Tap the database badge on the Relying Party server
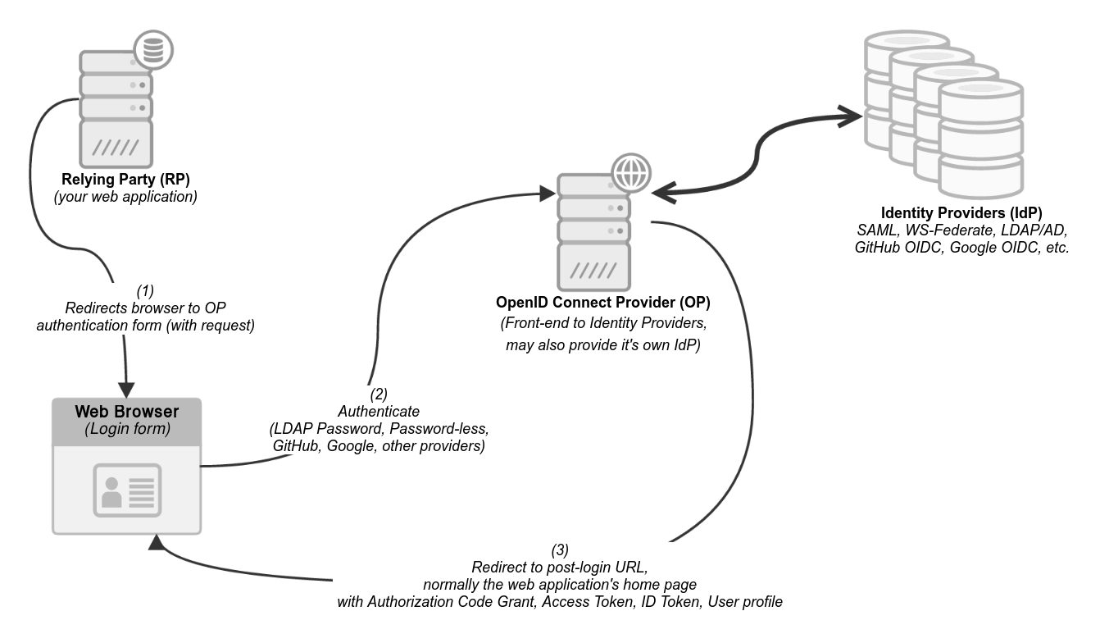pyautogui.click(x=152, y=51)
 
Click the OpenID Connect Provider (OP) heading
pyautogui.click(x=602, y=303)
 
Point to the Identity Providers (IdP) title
pyautogui.click(x=961, y=212)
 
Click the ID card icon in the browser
pyautogui.click(x=126, y=490)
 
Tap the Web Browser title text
pyautogui.click(x=126, y=411)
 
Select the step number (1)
pyautogui.click(x=144, y=290)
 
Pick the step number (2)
pyautogui.click(x=378, y=393)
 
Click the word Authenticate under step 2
pyautogui.click(x=378, y=411)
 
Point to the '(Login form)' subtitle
pyautogui.click(x=126, y=428)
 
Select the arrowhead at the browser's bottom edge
pyautogui.click(x=156, y=542)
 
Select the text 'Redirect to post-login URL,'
pyautogui.click(x=559, y=568)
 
